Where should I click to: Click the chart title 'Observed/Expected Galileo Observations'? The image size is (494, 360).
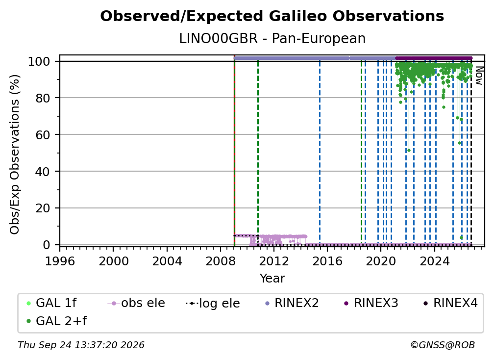272,16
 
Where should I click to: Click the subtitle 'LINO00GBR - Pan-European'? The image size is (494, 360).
272,39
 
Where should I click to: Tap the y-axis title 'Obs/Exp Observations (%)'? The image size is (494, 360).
15,154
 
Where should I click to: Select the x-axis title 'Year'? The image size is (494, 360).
272,279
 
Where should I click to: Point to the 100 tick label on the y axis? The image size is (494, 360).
39,61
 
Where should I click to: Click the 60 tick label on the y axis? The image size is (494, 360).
43,135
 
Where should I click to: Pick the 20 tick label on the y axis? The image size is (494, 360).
43,208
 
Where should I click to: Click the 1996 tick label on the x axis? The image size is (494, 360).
60,261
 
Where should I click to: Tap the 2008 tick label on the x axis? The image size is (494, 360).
220,261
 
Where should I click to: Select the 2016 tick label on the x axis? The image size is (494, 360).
327,261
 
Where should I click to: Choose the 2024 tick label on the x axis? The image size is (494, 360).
434,261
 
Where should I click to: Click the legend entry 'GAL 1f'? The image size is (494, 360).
51,303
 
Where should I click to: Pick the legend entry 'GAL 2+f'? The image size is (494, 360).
56,321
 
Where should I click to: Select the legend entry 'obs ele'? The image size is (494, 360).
136,303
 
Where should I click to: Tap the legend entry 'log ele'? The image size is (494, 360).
213,303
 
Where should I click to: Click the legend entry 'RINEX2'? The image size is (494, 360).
292,303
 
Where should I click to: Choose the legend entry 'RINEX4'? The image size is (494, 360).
451,303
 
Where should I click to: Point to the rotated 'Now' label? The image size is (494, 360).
479,76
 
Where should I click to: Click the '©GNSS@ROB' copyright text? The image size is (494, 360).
443,345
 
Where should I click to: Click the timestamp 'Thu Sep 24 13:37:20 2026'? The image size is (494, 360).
81,345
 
